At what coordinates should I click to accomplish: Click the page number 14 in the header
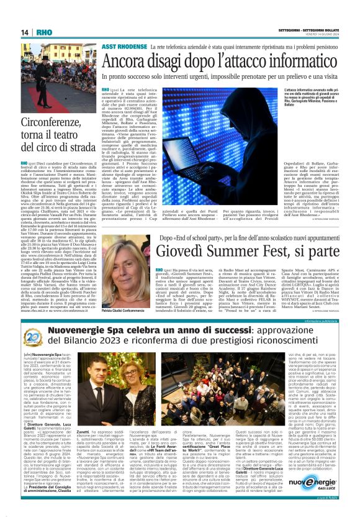[25, 32]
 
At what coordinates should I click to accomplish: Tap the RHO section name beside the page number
[44, 32]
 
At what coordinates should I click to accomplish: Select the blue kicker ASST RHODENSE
[124, 47]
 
